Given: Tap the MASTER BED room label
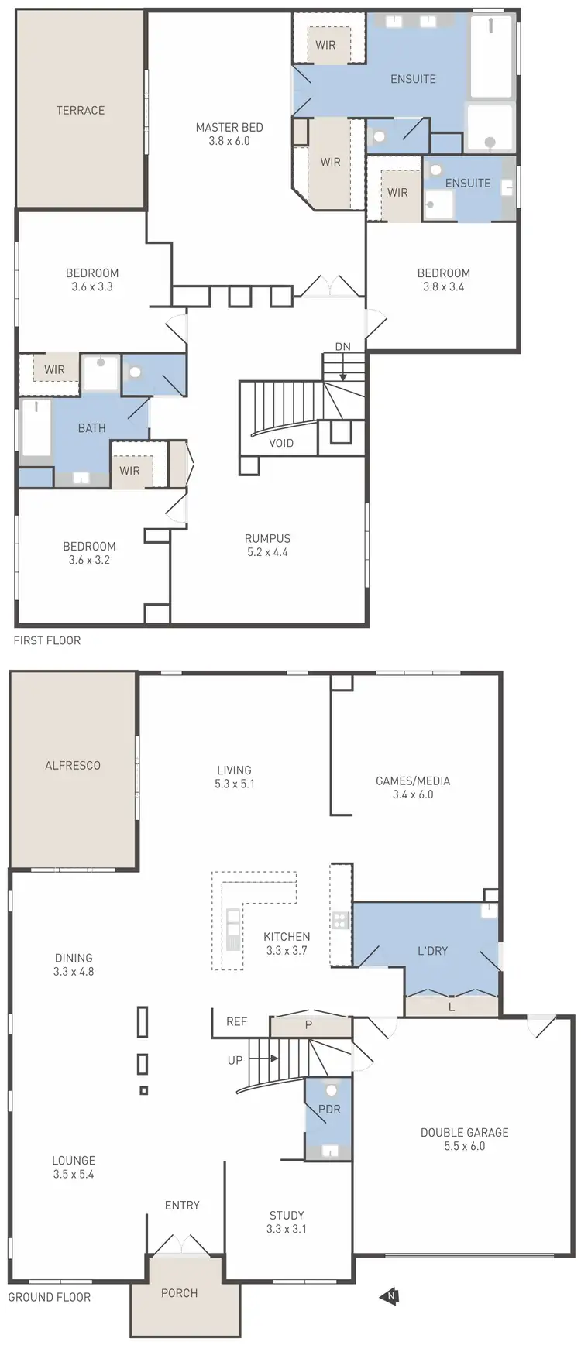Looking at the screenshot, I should (229, 127).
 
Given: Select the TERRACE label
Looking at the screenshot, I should (81, 110).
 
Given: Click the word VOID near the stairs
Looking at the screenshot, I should (281, 443).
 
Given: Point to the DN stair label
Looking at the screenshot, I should (342, 346).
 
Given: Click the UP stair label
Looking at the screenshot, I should (235, 1060).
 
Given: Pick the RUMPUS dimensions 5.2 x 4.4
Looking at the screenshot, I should (267, 552).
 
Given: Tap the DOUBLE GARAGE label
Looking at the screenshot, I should (464, 1132).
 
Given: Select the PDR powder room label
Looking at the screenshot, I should (329, 1109).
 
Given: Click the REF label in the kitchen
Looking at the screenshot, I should (236, 1021).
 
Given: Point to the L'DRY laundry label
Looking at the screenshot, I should (432, 950).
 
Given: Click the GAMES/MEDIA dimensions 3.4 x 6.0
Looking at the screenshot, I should (412, 794).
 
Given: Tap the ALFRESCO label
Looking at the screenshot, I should (73, 765).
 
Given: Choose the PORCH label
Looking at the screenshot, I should (179, 1292).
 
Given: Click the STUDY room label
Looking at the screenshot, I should (287, 1215).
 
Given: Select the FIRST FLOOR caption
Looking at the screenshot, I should (46, 640).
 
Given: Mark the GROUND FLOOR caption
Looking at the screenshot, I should (50, 1296).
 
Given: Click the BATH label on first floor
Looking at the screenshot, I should (91, 427).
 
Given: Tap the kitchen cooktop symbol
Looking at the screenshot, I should (339, 920).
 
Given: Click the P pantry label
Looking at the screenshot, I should (308, 1024).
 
